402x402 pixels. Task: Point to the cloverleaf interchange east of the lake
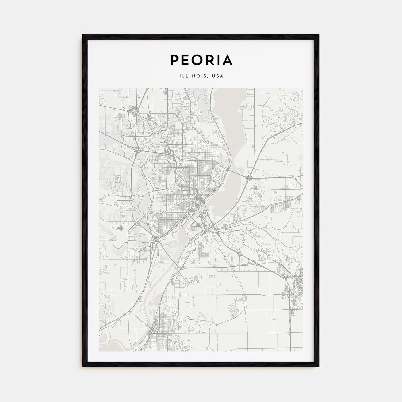click(249, 178)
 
